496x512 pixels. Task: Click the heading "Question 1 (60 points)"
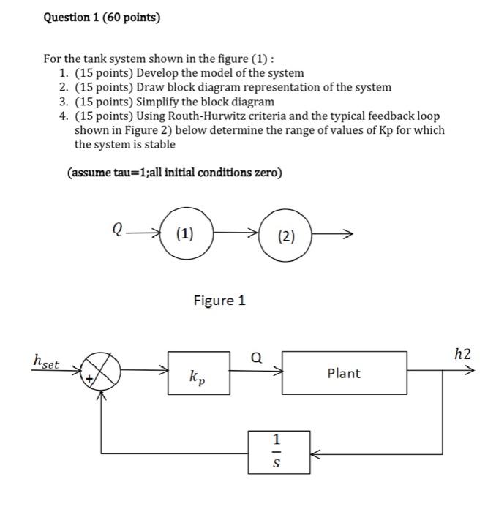(x=100, y=17)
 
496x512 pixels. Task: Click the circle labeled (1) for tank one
(x=186, y=234)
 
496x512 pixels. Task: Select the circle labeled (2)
(x=287, y=236)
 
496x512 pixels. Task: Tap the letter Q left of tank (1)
(x=117, y=230)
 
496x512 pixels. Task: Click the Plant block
(x=344, y=373)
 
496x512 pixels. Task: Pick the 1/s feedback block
(x=276, y=452)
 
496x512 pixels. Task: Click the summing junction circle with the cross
(x=101, y=373)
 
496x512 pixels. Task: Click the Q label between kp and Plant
(x=255, y=358)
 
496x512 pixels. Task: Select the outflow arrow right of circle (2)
(x=335, y=235)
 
